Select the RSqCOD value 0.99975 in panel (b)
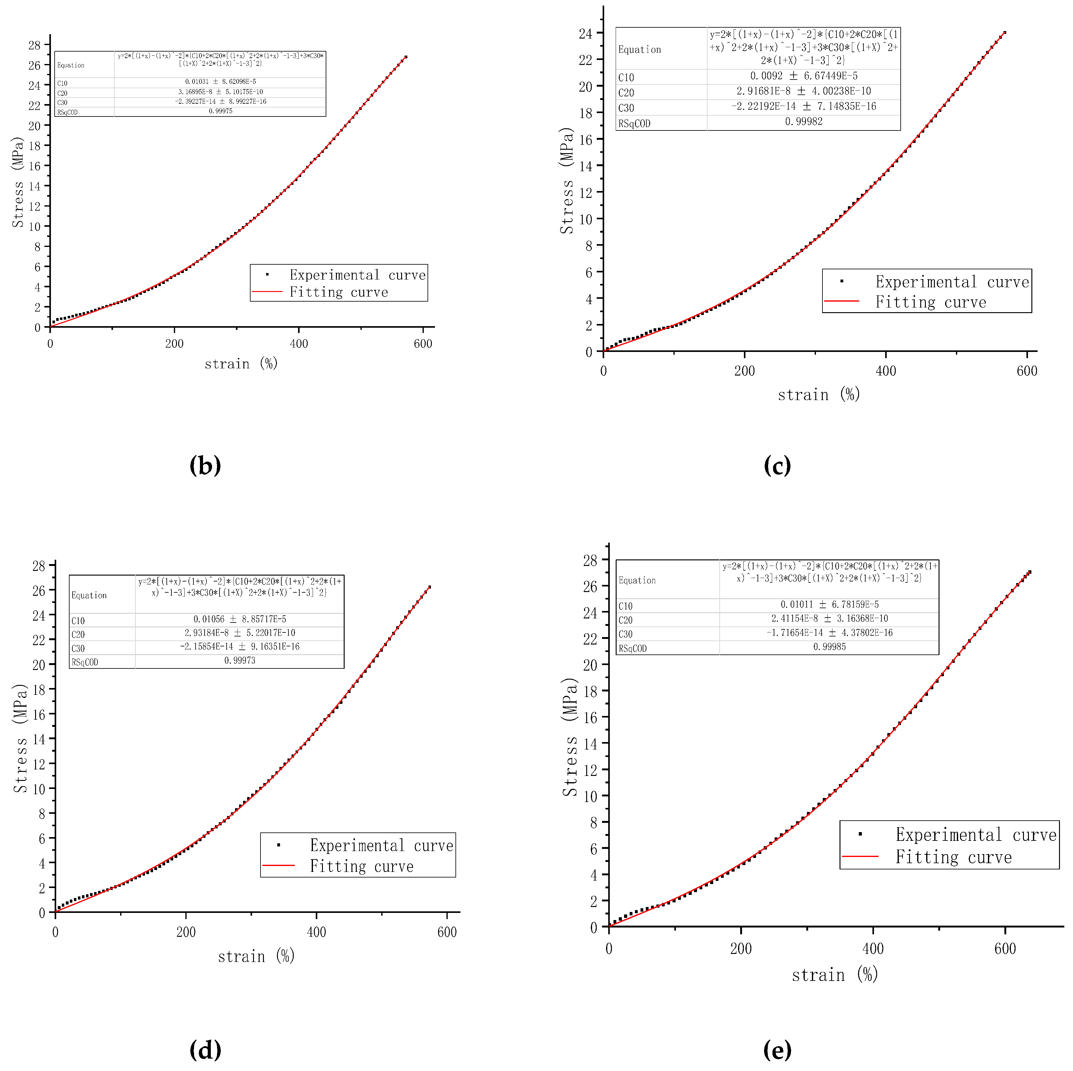pos(220,111)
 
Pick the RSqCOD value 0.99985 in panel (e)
pos(829,647)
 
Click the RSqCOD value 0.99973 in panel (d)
pos(239,660)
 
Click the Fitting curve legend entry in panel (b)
pos(338,292)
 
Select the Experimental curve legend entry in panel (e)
pos(976,835)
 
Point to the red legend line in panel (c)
pos(841,301)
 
